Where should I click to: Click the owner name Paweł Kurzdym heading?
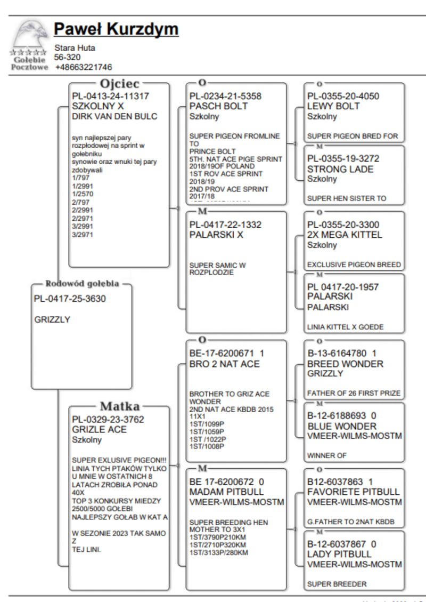click(116, 29)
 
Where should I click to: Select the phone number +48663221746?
click(84, 67)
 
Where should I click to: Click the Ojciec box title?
click(120, 84)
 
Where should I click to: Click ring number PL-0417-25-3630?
click(70, 299)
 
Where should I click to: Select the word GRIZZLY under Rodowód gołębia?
click(52, 320)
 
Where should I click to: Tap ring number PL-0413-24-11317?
click(110, 97)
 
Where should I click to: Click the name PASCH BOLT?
click(218, 106)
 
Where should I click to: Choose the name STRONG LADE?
click(340, 169)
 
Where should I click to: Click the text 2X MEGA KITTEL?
click(345, 235)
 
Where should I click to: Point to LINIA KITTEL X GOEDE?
click(345, 327)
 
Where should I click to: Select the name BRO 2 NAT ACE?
click(225, 364)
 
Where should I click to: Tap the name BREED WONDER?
click(345, 364)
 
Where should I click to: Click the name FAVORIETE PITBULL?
click(353, 492)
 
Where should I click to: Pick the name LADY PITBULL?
click(339, 555)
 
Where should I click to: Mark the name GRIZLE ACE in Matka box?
click(99, 430)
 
